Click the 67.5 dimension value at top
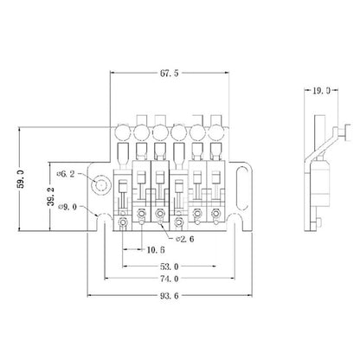point(170,74)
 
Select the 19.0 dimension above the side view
point(321,91)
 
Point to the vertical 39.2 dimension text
point(51,196)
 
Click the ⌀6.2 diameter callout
point(66,174)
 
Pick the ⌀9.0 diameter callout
point(67,207)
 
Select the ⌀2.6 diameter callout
point(185,239)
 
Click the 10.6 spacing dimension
point(156,249)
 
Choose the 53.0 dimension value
point(170,267)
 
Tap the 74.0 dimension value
point(170,279)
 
